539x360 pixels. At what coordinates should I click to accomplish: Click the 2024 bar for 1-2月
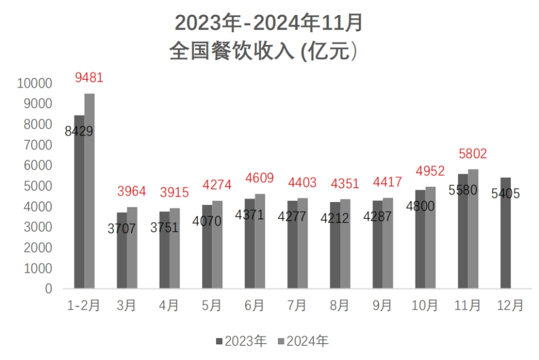(89, 192)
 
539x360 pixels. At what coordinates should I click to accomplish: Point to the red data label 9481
(89, 78)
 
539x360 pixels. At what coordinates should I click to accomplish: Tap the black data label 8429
(79, 131)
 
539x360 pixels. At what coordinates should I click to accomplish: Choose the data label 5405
(505, 193)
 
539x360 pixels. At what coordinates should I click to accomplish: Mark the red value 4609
(259, 178)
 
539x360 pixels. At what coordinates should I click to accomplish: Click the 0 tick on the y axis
(49, 289)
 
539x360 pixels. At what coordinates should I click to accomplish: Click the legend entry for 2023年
(241, 341)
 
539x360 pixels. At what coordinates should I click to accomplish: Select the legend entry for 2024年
(304, 341)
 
